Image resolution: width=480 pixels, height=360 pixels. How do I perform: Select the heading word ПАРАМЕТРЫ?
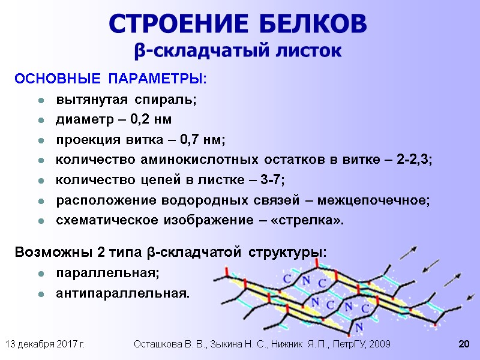click(x=156, y=79)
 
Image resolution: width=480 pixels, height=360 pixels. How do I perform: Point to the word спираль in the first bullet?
click(x=166, y=100)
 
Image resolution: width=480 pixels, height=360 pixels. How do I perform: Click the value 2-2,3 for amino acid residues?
click(x=413, y=160)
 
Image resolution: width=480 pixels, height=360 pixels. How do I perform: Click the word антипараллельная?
click(x=122, y=293)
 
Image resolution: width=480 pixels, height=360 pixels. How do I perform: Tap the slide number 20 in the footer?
click(x=463, y=344)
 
